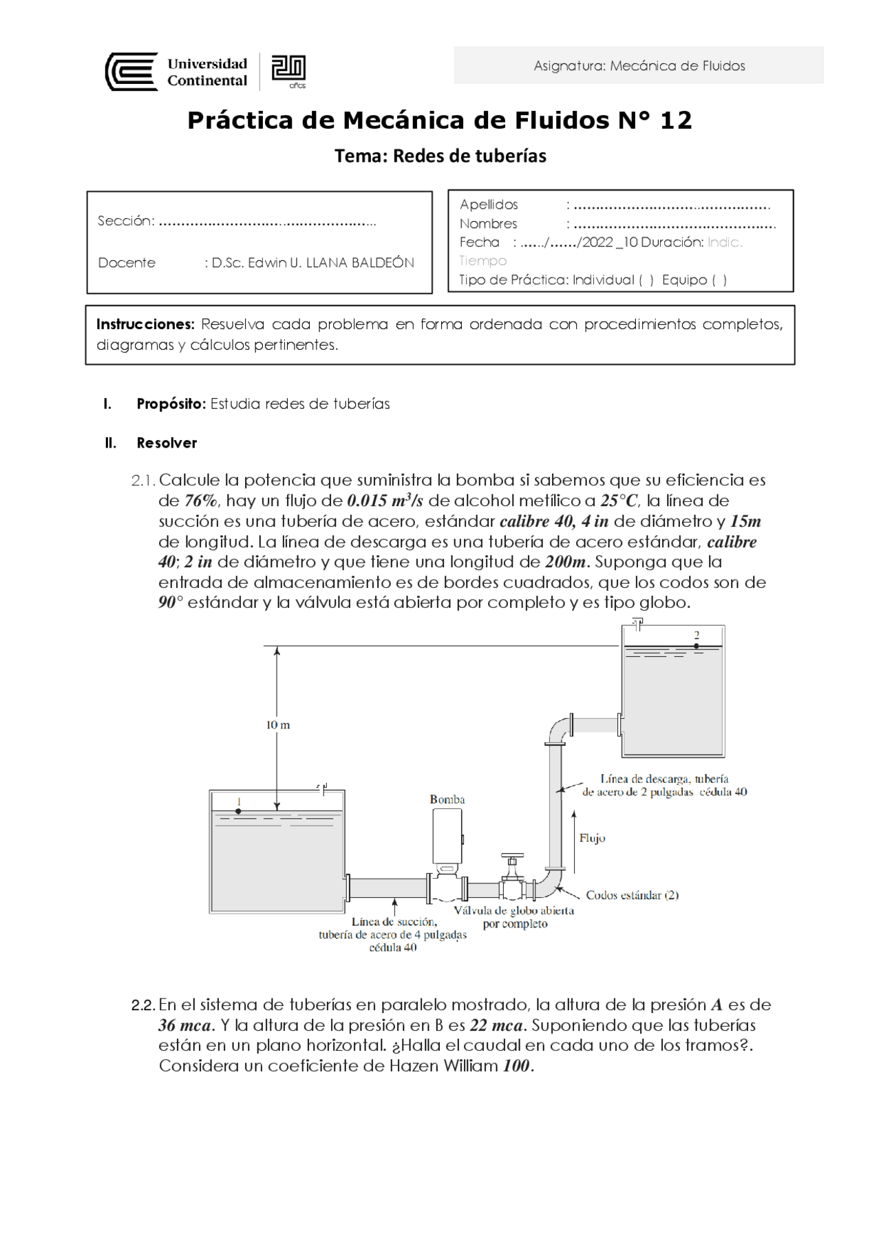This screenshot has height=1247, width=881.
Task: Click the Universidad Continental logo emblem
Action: (131, 72)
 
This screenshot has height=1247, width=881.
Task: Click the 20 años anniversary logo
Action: (288, 71)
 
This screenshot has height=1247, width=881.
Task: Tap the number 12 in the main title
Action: (675, 120)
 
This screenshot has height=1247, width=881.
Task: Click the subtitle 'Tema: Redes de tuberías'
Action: (440, 156)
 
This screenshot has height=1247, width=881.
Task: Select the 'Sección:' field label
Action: (126, 221)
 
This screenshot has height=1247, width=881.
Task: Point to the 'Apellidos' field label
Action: (489, 205)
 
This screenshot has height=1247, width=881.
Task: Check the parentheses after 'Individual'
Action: (646, 280)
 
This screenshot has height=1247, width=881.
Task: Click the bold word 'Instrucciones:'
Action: (145, 324)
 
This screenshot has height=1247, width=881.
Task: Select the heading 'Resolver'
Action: (167, 443)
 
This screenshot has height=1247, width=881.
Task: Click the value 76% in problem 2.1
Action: (201, 501)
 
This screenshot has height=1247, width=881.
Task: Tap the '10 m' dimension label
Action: (278, 725)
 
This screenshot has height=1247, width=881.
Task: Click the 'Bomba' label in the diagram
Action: (447, 799)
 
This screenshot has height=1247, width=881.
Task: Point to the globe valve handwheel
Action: (512, 856)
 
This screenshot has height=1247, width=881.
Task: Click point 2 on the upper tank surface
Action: (697, 645)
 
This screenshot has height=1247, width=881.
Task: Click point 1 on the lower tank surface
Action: (238, 811)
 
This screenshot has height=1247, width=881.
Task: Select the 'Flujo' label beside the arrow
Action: (592, 838)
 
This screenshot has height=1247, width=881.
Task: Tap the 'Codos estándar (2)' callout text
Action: (632, 895)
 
